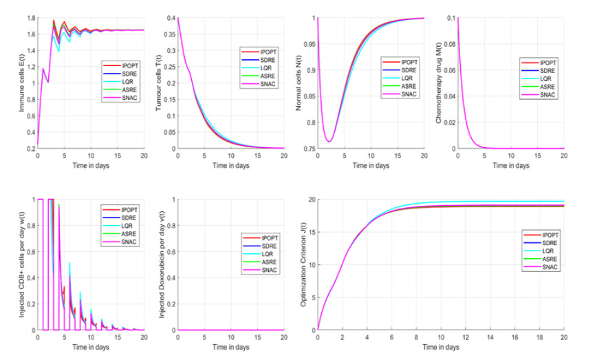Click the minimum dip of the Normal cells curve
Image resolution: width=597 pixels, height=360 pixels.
[x=329, y=141]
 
